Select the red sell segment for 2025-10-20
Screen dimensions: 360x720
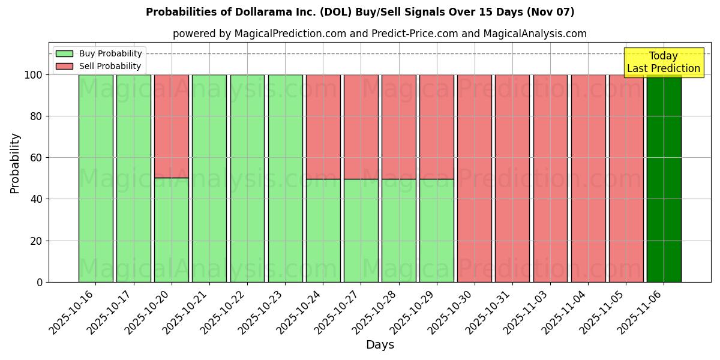tap(172, 126)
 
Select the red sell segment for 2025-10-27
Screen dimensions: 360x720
tap(361, 127)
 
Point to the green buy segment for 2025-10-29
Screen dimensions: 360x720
tap(437, 230)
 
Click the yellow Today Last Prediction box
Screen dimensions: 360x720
tap(663, 62)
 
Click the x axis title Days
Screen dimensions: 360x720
tap(380, 345)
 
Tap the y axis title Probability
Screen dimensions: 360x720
tap(15, 163)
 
